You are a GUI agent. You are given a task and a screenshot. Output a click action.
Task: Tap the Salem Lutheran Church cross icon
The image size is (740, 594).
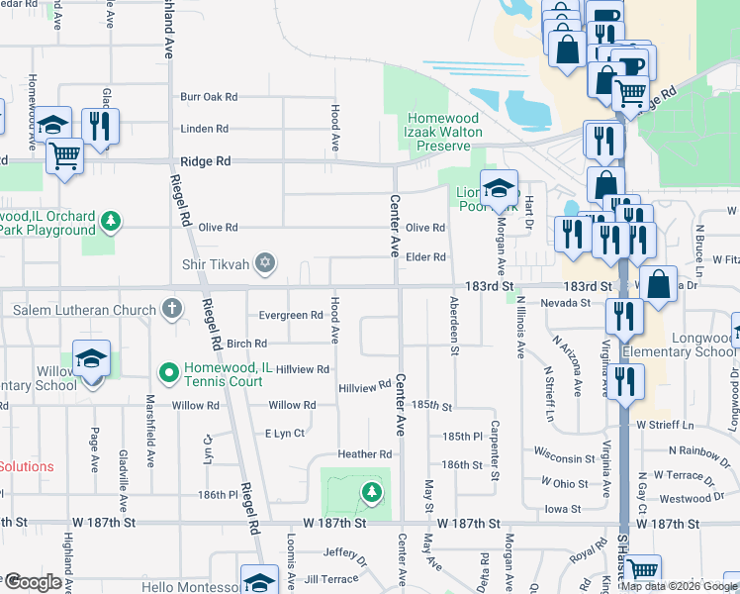(x=172, y=309)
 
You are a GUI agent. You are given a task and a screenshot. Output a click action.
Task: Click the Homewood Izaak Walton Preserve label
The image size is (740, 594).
(x=442, y=132)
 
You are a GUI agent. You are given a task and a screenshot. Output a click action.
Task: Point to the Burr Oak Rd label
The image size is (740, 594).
(x=209, y=97)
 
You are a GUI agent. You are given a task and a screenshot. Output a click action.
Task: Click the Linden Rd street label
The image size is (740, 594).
(x=204, y=129)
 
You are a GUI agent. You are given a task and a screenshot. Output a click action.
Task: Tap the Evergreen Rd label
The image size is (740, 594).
(x=290, y=316)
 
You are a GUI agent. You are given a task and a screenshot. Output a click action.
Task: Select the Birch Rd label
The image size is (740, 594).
(x=246, y=344)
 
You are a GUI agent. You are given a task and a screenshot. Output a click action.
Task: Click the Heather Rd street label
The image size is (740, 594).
(x=365, y=454)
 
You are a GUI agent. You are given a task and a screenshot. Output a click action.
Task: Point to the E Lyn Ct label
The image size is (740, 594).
(x=284, y=434)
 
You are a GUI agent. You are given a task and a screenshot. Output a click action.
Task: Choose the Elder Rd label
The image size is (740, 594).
(x=425, y=257)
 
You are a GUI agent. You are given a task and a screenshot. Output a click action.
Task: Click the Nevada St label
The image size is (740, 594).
(x=565, y=303)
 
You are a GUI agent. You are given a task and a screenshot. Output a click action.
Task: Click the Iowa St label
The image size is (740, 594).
(x=563, y=509)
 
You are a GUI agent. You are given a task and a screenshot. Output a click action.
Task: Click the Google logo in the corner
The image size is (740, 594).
(x=32, y=582)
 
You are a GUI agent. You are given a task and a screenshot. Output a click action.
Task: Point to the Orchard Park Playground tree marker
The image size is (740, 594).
(x=112, y=221)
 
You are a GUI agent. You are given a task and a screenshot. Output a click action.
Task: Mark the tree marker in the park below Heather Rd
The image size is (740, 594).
(x=371, y=490)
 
